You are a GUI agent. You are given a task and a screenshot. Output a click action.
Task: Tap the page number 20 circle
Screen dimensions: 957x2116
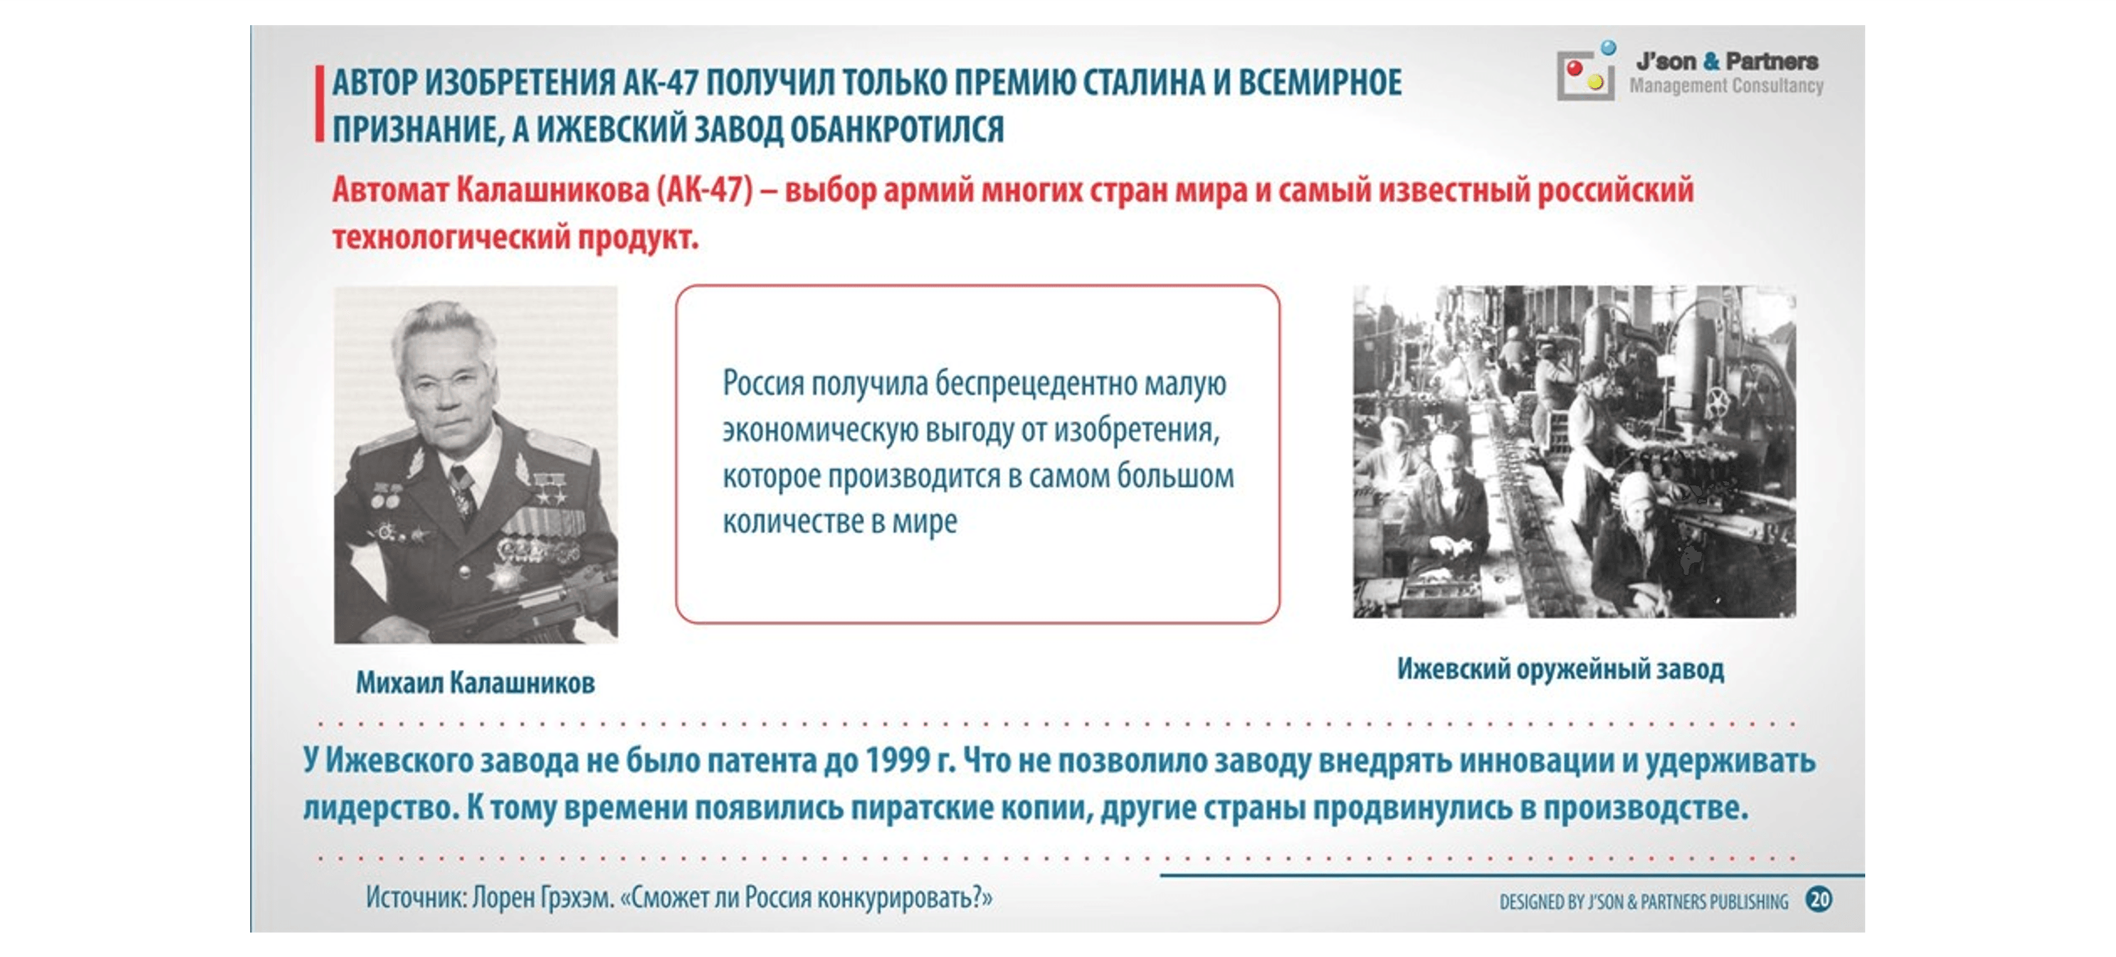1818,900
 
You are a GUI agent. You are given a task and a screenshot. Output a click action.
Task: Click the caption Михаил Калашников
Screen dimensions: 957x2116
475,682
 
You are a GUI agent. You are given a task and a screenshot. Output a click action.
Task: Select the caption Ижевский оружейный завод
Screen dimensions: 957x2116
1560,669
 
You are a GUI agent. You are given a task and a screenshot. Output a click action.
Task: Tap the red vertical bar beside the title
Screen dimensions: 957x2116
319,104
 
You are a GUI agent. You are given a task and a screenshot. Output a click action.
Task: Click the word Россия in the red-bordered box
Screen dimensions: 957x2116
763,383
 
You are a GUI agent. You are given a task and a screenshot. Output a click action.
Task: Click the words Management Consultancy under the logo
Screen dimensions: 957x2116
1725,85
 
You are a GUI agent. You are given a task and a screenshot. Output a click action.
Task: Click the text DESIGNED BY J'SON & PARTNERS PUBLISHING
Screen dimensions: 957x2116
1643,902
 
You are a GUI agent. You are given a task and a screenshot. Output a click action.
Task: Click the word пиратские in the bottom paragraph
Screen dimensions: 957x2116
921,808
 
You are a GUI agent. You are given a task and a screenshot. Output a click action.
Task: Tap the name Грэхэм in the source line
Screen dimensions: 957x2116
576,898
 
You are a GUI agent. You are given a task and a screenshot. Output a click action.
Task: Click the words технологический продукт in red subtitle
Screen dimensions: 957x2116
515,238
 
